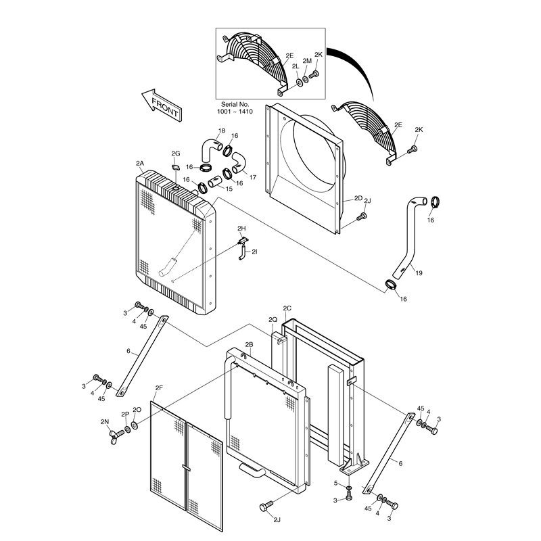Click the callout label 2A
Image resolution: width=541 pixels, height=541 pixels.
140,164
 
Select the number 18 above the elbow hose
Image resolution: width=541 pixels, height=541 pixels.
221,131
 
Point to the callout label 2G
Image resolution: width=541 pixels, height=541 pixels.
176,154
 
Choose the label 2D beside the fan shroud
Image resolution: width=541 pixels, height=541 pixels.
358,199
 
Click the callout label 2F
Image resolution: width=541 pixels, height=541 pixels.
159,387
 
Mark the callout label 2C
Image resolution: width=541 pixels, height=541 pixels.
287,308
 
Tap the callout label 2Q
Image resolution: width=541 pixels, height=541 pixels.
273,319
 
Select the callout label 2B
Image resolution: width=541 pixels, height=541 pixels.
249,344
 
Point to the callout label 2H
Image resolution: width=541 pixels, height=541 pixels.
242,229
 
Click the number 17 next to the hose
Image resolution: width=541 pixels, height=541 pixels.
253,177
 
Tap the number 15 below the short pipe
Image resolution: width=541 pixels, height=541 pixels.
229,189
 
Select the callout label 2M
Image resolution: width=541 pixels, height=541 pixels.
307,61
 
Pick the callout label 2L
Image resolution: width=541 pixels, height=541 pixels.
296,66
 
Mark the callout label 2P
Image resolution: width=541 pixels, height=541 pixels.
124,414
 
